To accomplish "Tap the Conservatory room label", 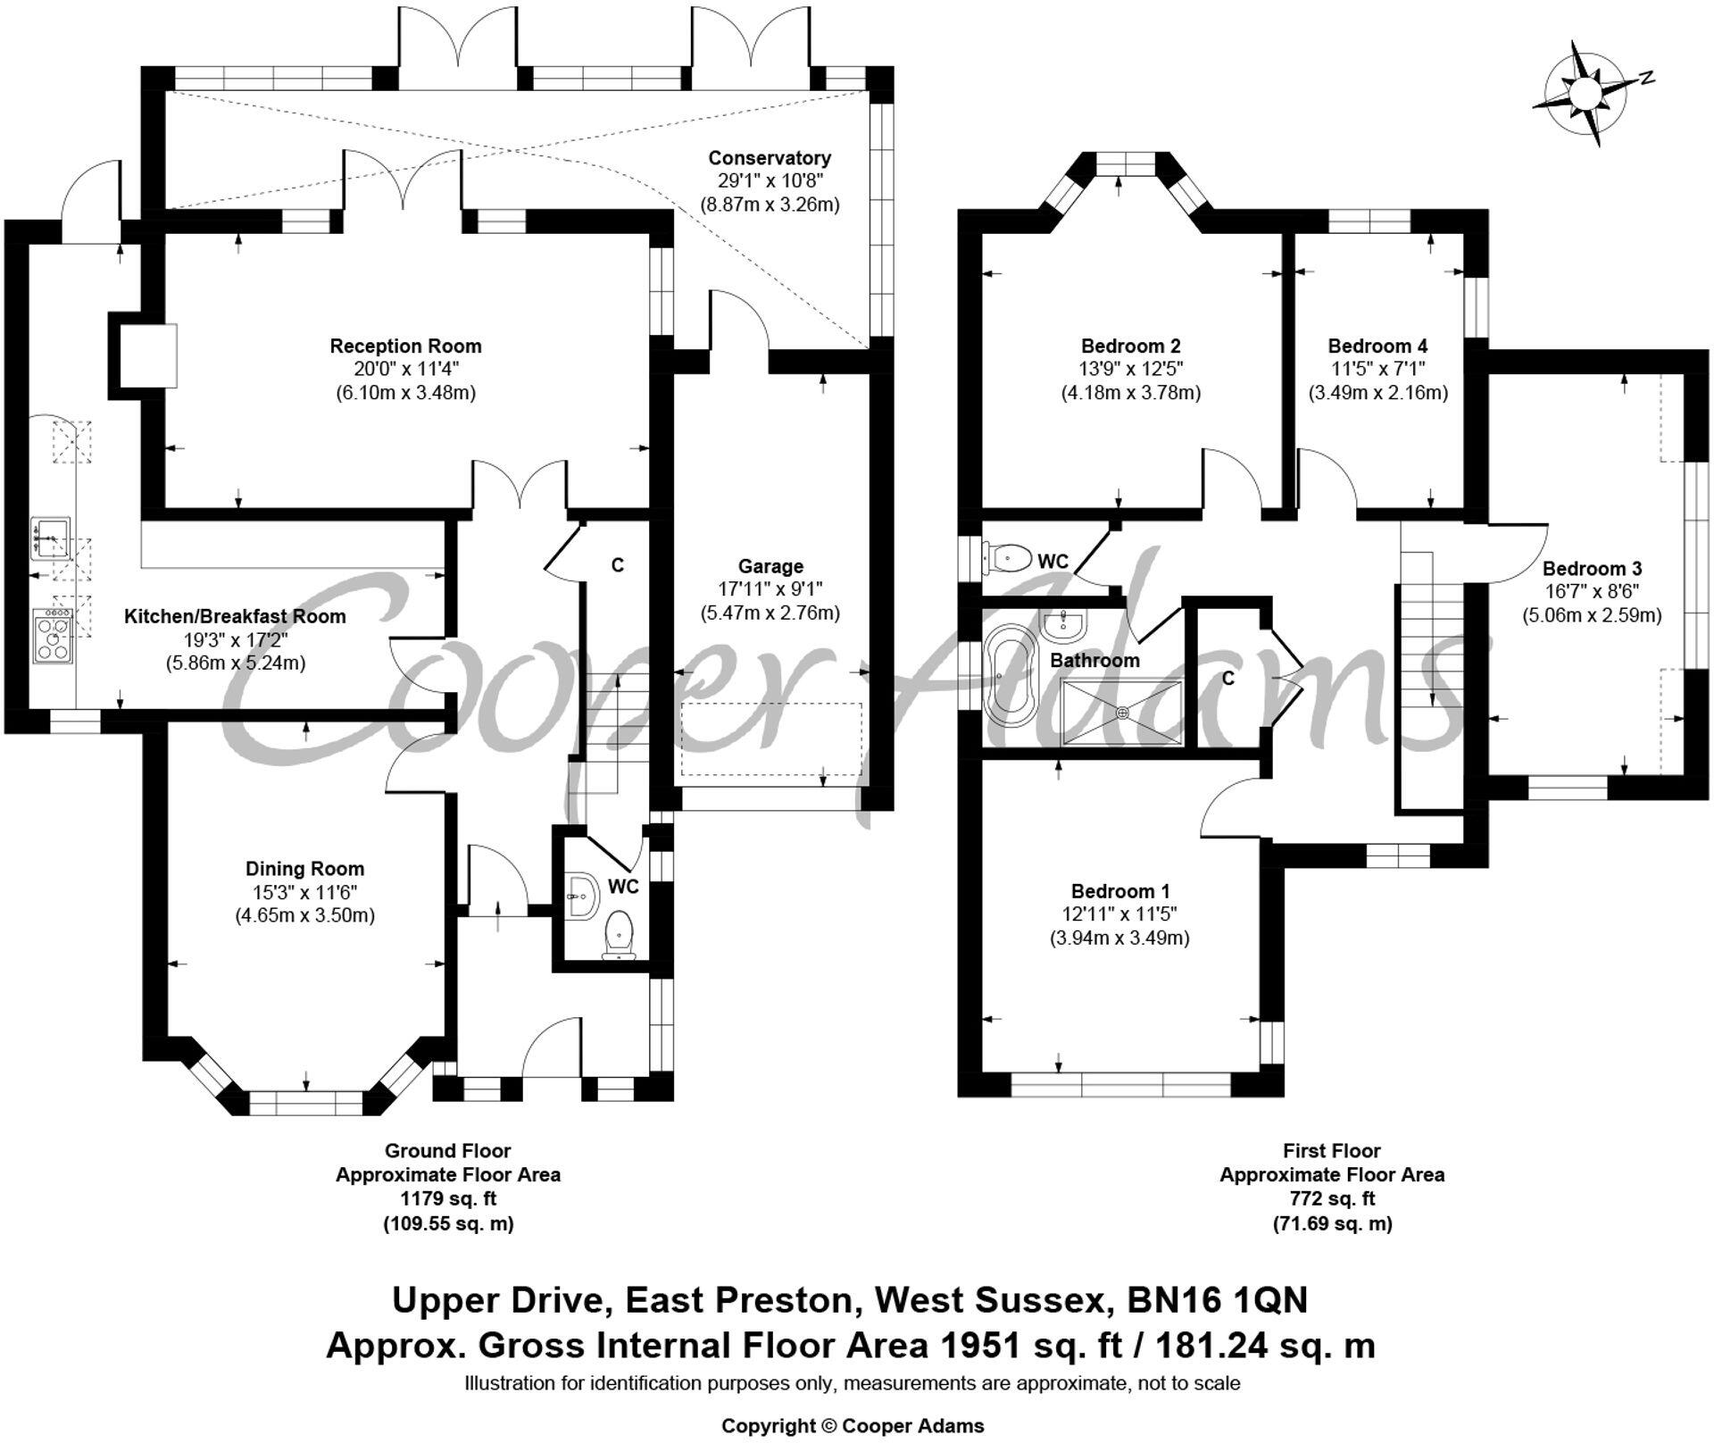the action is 770,158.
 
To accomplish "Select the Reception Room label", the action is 405,346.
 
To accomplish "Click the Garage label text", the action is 770,566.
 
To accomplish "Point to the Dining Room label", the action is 304,869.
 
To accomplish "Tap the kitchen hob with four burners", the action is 54,635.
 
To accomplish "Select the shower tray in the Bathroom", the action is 1121,712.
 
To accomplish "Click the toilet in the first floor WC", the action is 1006,558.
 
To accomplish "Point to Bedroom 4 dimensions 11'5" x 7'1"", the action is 1377,369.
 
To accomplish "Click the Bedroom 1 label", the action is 1120,891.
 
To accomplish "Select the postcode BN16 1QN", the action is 1217,1300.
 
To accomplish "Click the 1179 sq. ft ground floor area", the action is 448,1199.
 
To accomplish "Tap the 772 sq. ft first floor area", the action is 1332,1199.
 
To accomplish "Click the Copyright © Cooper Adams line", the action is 853,1426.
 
